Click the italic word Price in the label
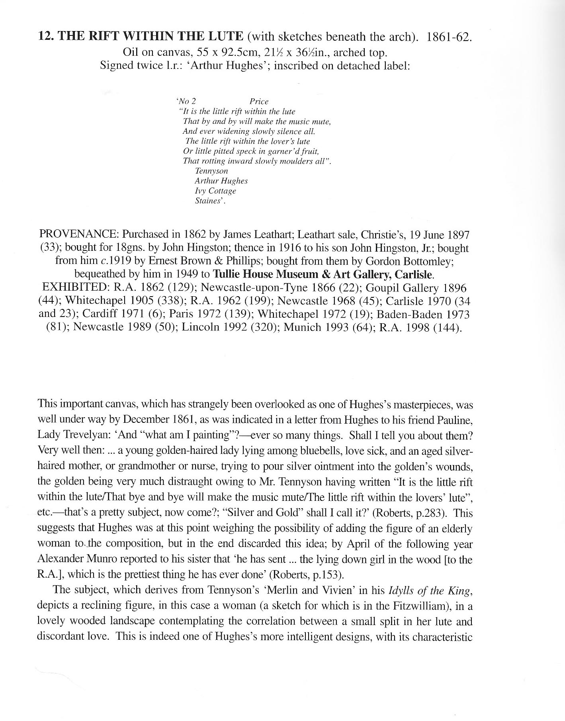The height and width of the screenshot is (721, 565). tap(259, 102)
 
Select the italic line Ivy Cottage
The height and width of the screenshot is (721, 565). tap(215, 191)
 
